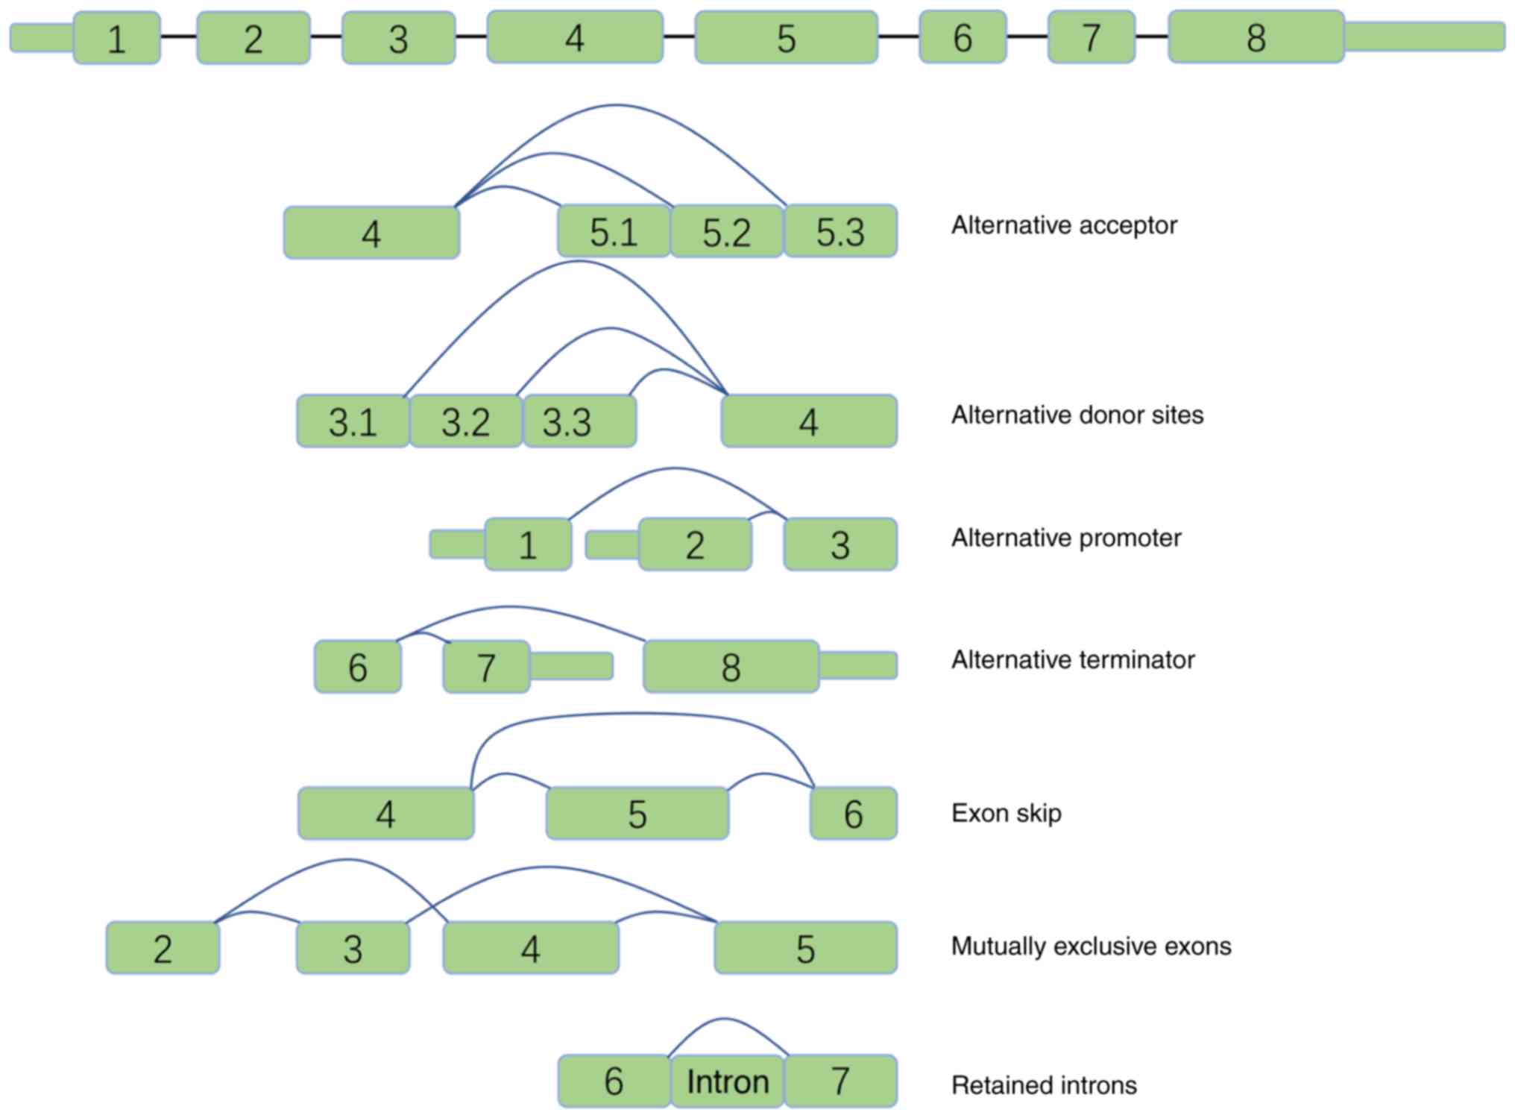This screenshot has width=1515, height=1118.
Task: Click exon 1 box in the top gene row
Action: point(116,38)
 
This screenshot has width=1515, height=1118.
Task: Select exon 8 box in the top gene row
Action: point(1256,37)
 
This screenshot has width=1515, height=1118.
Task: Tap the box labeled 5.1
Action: point(614,232)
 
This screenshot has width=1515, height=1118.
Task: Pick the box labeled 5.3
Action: point(840,232)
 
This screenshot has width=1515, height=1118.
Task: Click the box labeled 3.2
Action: point(466,422)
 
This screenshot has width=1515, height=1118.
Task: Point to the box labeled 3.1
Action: point(353,422)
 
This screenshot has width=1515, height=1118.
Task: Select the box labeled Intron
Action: point(727,1081)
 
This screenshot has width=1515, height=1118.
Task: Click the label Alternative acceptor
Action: point(1064,225)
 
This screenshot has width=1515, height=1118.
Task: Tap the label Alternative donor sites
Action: point(1077,415)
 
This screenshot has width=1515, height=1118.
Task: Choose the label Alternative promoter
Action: point(1066,538)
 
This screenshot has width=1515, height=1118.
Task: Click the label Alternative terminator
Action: point(1073,660)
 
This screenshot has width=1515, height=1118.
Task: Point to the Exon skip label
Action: point(1006,813)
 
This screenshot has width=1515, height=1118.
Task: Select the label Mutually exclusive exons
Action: point(1091,946)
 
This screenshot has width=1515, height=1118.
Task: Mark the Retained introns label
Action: point(1044,1085)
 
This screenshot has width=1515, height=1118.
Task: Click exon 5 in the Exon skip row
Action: point(637,814)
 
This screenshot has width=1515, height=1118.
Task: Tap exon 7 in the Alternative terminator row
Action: point(486,667)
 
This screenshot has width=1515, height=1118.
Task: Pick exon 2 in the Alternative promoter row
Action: point(695,545)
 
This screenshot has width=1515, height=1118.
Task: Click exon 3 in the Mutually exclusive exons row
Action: point(353,949)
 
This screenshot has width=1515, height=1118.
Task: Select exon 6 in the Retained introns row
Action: point(614,1081)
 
